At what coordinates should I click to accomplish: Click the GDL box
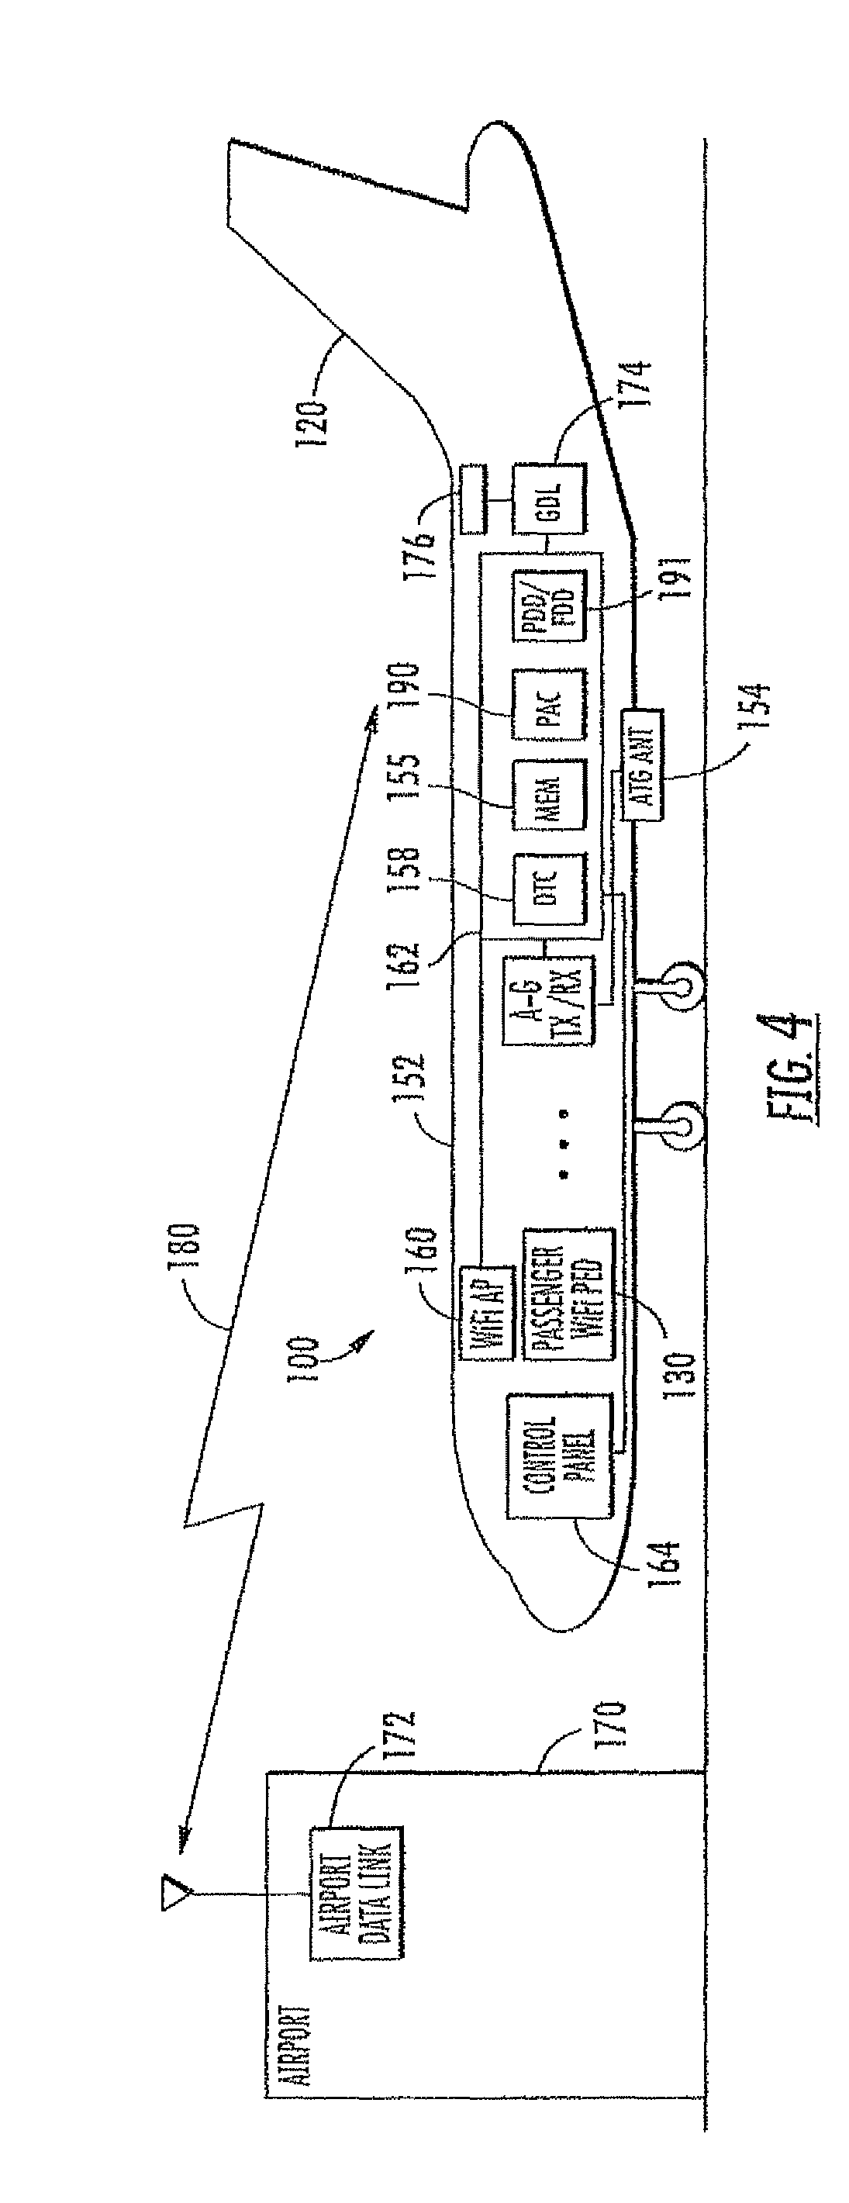549,496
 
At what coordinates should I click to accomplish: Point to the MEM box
549,795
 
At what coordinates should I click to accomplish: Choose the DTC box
549,889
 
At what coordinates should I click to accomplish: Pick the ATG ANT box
643,763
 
